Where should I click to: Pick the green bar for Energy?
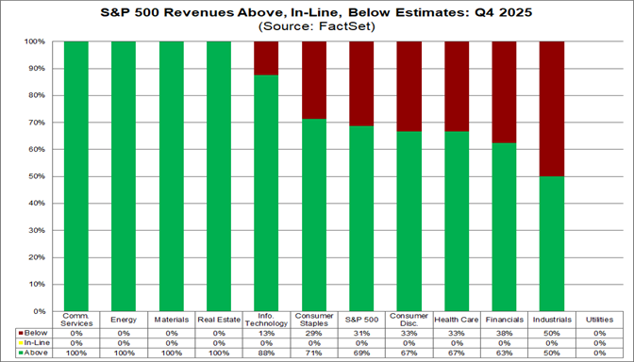tap(124, 176)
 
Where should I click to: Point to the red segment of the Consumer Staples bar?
tap(314, 80)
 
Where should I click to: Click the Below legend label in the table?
tap(35, 333)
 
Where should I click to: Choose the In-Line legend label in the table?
tap(35, 342)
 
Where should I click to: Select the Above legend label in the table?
tap(35, 352)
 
